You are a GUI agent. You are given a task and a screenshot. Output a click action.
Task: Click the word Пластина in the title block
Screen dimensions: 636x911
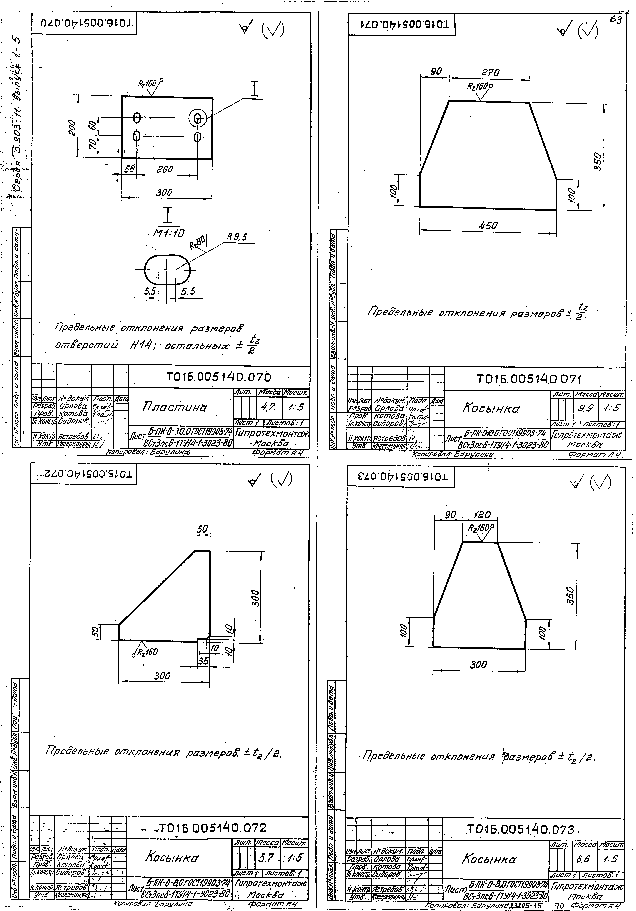(175, 407)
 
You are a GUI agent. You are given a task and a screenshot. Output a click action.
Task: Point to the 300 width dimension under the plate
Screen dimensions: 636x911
(164, 192)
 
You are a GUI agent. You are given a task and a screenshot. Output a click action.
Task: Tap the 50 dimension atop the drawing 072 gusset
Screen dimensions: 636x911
(202, 529)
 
